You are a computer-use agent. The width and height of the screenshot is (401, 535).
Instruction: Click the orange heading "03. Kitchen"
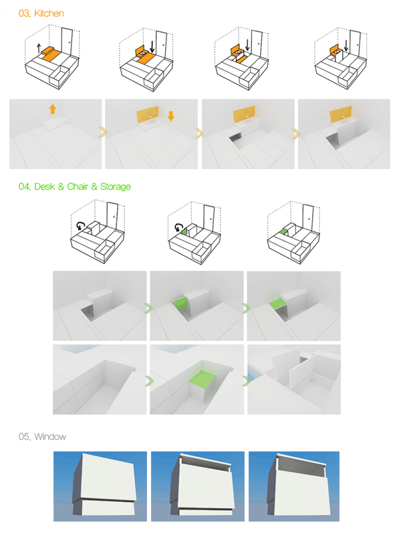coord(41,13)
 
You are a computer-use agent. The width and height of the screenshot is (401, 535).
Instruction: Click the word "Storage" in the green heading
coord(115,187)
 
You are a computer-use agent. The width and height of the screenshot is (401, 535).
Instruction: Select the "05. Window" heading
coord(42,437)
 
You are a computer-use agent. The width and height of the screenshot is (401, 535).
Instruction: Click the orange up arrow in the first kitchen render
coord(53,109)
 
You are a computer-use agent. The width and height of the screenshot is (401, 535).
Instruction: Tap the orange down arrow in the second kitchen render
coord(171,116)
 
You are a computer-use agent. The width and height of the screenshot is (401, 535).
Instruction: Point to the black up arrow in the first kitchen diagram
coord(39,48)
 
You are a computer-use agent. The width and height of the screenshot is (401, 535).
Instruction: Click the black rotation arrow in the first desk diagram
coord(80,225)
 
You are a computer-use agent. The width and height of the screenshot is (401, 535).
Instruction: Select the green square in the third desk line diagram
coord(283,232)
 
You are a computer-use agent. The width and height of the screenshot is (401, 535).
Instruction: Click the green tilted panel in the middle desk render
coord(180,303)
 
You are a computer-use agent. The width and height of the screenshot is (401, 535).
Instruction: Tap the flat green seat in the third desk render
coord(277,302)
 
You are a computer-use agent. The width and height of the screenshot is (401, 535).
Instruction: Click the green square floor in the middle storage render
coord(202,379)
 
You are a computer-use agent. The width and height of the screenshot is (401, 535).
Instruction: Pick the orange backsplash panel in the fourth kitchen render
coord(341,114)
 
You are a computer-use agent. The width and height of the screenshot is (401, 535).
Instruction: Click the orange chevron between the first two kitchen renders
coord(103,132)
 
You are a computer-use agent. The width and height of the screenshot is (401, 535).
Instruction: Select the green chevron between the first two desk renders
coord(148,308)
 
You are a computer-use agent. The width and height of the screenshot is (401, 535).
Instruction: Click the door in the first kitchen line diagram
coord(67,41)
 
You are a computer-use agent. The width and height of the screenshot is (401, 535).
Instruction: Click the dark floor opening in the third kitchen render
coord(235,138)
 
